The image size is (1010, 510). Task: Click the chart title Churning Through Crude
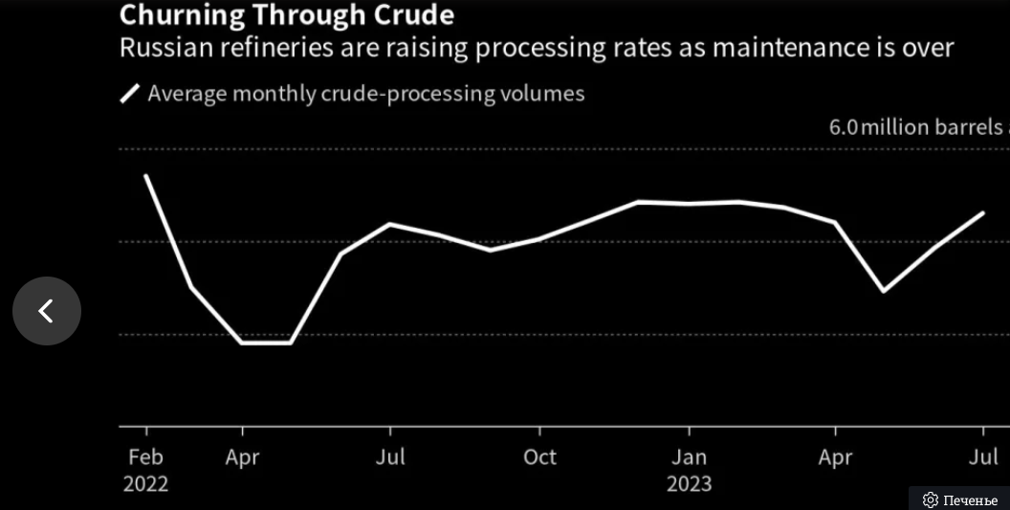point(286,15)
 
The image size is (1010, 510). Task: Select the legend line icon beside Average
point(129,94)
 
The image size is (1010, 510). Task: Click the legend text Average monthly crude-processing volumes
point(365,94)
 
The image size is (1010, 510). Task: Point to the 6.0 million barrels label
point(916,127)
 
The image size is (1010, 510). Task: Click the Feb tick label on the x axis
point(145,457)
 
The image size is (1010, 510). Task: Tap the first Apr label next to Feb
point(242,457)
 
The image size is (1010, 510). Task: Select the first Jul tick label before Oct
point(389,457)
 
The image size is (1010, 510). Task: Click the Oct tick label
point(539,457)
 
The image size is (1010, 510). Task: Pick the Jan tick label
point(688,457)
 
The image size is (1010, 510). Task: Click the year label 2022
point(145,484)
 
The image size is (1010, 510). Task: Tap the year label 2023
point(689,484)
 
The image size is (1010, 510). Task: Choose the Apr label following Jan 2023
point(835,457)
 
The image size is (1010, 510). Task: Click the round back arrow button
point(47,311)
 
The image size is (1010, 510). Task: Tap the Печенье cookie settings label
point(960,500)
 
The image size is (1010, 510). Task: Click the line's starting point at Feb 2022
point(145,176)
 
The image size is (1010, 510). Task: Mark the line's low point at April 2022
point(242,342)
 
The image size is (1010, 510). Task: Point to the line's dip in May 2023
point(883,291)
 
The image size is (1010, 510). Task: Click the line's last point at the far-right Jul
point(983,212)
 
